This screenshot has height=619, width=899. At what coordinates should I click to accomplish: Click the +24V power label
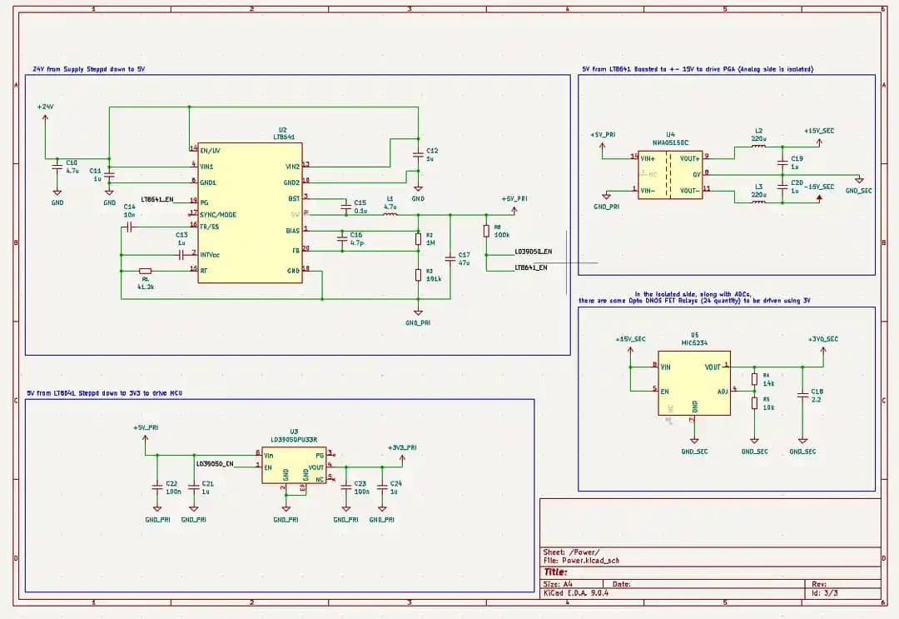[45, 107]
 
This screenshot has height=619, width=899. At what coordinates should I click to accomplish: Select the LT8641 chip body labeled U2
[250, 212]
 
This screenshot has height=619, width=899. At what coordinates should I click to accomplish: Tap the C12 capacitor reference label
[432, 151]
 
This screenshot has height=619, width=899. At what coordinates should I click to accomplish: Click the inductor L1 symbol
[390, 214]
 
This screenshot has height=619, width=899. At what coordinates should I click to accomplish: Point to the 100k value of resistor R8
[502, 234]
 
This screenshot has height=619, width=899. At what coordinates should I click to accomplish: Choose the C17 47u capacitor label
[464, 255]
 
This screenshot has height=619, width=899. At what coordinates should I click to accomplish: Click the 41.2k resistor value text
[146, 286]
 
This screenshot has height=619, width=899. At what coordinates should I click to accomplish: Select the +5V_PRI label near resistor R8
[514, 199]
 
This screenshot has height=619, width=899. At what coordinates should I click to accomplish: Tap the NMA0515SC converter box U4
[671, 174]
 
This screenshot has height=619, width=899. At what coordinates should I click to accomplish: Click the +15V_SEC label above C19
[819, 131]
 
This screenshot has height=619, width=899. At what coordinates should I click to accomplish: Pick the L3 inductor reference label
[758, 187]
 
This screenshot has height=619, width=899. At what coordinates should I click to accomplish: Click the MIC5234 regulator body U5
[694, 382]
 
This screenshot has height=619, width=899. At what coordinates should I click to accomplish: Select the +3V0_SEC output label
[822, 339]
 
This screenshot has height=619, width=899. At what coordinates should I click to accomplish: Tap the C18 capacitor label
[817, 391]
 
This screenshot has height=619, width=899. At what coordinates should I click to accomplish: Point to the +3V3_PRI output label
[402, 447]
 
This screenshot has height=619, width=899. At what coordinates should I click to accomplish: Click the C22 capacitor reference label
[171, 483]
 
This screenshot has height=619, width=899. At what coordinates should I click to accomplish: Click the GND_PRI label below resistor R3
[418, 322]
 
